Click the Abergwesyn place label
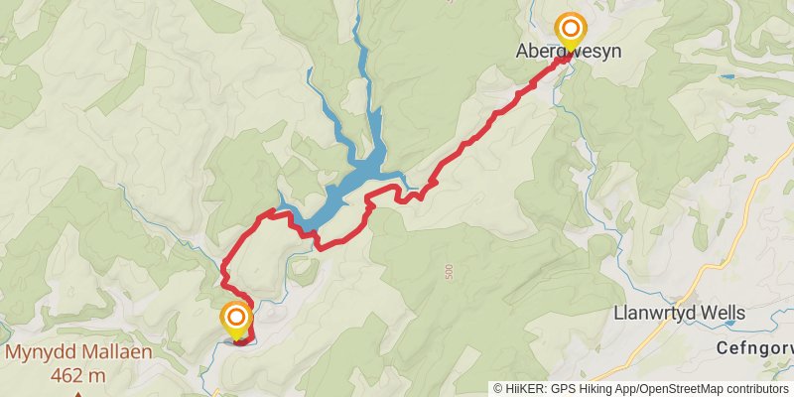[569, 51]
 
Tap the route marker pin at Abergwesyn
[571, 29]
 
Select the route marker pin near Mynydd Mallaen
[236, 319]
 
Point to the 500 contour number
[449, 270]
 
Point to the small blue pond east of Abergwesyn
[728, 75]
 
